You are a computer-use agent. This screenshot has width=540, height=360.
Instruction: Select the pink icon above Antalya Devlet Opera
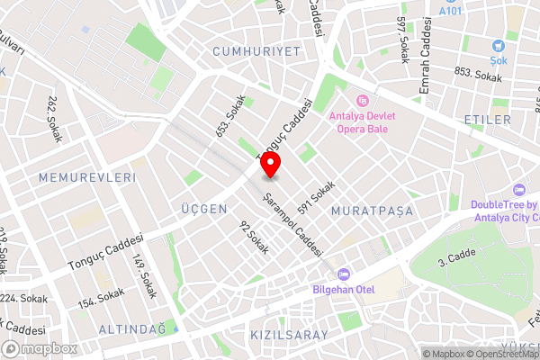[x=363, y=101]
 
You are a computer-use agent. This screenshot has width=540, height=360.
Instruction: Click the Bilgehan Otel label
[x=342, y=289]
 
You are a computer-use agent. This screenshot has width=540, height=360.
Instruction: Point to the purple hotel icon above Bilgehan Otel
[x=341, y=274]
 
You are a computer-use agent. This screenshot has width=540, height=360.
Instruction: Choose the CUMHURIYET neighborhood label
[x=256, y=52]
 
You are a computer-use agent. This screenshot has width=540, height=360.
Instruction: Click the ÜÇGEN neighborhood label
[x=202, y=209]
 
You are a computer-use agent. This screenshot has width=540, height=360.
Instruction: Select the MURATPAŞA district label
[x=371, y=211]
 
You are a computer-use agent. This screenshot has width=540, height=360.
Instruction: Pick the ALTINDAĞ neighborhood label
[x=131, y=329]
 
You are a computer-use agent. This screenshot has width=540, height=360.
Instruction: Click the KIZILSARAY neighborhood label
[x=288, y=335]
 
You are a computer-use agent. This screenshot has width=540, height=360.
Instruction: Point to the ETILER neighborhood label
[x=487, y=119]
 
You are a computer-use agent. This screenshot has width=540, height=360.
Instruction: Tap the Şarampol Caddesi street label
[x=292, y=224]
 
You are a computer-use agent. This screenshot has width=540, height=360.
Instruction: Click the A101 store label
[x=450, y=11]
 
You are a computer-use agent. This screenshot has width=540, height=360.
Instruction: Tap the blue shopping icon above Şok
[x=498, y=45]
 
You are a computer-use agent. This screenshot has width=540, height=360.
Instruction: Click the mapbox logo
[x=40, y=348]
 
